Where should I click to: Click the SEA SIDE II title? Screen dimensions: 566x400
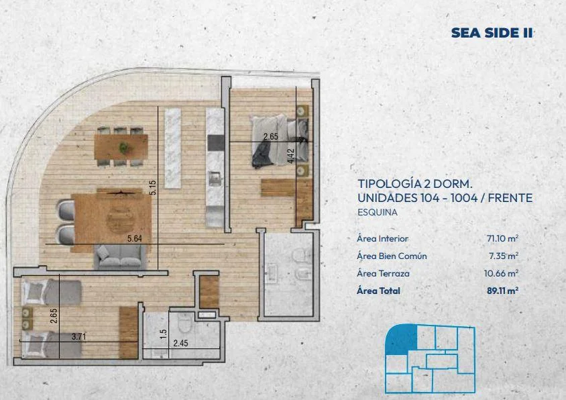492,33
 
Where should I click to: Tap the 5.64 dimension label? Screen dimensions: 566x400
135,238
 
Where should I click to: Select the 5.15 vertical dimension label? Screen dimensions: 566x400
153,188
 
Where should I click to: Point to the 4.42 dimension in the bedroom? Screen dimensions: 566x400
291,156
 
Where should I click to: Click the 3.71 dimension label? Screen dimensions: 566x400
78,337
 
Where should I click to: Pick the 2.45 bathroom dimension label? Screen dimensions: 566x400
180,343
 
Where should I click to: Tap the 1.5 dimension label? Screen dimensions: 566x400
163,334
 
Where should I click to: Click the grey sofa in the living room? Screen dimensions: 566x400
120,257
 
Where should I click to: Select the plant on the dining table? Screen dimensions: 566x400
124,148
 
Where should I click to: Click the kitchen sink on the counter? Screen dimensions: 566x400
215,179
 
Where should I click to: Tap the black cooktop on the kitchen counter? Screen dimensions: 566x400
216,143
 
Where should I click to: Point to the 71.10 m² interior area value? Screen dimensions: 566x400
502,238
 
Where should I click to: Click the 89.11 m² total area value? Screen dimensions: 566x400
502,291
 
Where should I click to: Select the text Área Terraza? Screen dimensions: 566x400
383,274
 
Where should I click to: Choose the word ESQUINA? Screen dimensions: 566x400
377,212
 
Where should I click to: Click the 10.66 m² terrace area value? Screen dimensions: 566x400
502,274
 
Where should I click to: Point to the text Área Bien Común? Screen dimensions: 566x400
392,256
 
